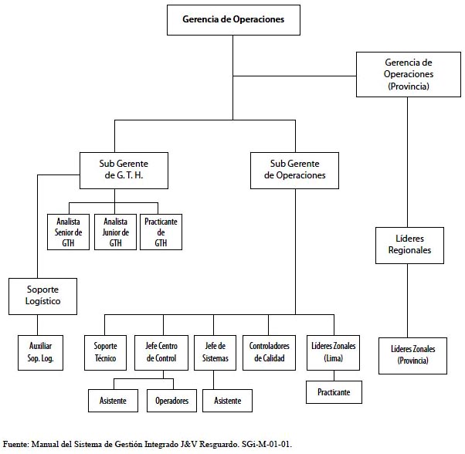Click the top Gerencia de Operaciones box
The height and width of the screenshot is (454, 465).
click(x=233, y=20)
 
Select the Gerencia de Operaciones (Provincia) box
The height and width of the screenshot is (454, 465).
click(x=409, y=74)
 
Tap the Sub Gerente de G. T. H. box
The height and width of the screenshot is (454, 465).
click(x=124, y=171)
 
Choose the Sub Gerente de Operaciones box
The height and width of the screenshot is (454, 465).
click(x=294, y=171)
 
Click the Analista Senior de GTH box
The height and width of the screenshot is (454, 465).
click(x=68, y=232)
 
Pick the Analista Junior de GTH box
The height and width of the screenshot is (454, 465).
click(x=115, y=232)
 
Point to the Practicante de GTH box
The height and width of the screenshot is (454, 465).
click(x=161, y=232)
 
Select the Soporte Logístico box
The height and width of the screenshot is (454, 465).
click(x=42, y=296)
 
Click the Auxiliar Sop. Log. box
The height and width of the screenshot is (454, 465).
click(x=40, y=353)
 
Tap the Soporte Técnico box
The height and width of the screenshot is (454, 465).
click(x=105, y=353)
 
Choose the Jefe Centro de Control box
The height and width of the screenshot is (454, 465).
click(x=161, y=353)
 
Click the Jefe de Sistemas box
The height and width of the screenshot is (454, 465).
click(x=215, y=353)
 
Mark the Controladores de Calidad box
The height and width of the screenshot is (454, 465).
click(x=269, y=353)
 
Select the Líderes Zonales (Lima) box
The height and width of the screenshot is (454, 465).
click(x=334, y=353)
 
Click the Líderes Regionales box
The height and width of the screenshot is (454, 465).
click(x=409, y=246)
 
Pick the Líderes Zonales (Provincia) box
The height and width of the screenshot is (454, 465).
click(x=412, y=356)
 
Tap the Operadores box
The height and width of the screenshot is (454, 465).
click(x=171, y=401)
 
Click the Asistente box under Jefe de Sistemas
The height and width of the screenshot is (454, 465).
click(x=227, y=401)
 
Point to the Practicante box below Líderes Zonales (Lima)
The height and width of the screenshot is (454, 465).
click(x=334, y=392)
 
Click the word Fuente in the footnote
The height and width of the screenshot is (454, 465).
click(x=15, y=444)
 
